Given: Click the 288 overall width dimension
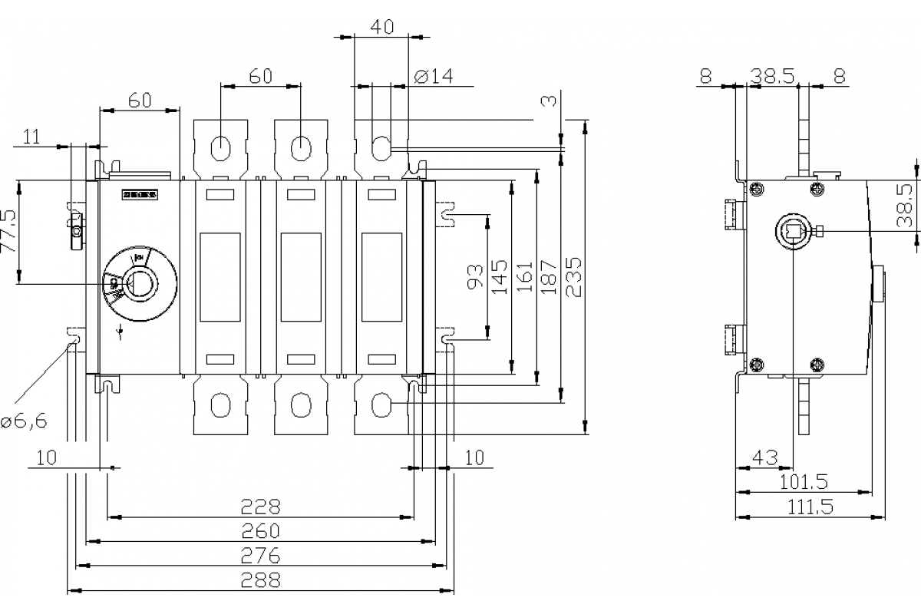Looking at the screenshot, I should click(261, 580).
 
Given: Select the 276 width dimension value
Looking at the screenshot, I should click(261, 556).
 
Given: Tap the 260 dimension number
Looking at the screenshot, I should click(261, 531).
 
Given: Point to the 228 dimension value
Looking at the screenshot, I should click(261, 507).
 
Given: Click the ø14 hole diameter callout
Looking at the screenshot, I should click(434, 75).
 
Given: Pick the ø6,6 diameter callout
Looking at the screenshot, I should click(24, 421).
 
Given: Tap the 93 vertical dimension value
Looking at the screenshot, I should click(476, 278).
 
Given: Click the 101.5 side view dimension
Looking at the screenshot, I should click(804, 482).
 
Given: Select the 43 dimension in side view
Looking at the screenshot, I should click(764, 457).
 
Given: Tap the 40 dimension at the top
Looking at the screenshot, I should click(381, 28).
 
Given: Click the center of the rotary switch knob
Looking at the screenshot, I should click(139, 284).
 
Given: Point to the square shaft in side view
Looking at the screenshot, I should click(791, 231).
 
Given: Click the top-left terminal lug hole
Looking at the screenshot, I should click(220, 147).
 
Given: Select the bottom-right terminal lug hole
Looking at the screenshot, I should click(381, 404).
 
